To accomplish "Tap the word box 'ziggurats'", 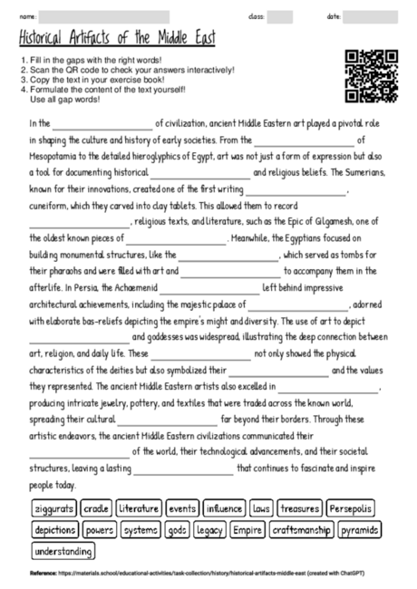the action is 55,508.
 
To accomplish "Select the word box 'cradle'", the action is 97,508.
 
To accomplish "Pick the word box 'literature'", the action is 138,508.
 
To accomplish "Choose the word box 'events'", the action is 181,508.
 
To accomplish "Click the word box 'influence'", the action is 224,508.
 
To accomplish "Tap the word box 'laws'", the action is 261,508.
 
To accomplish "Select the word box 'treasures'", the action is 299,508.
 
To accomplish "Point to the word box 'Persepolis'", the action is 349,508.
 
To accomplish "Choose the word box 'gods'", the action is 177,529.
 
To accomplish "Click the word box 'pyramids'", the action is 360,529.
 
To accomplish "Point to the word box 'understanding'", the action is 63,550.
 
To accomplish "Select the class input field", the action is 279,16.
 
